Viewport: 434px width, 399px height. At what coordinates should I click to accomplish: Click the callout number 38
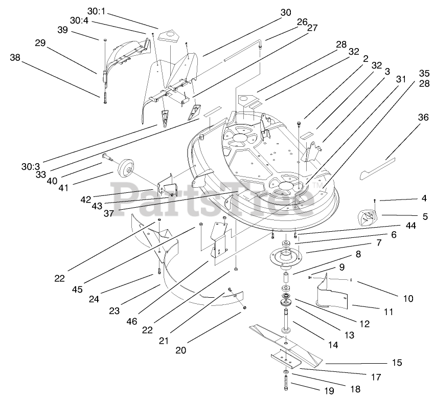16,58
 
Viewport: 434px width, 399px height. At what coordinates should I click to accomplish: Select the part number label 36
423,117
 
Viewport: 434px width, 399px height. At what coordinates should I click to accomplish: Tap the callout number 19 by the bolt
328,391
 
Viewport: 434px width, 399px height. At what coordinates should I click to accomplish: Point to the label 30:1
96,10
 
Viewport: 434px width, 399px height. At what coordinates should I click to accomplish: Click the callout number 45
77,290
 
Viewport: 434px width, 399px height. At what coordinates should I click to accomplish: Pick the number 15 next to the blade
397,363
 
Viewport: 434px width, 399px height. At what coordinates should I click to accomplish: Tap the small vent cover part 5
367,217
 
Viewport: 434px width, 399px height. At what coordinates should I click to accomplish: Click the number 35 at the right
424,73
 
